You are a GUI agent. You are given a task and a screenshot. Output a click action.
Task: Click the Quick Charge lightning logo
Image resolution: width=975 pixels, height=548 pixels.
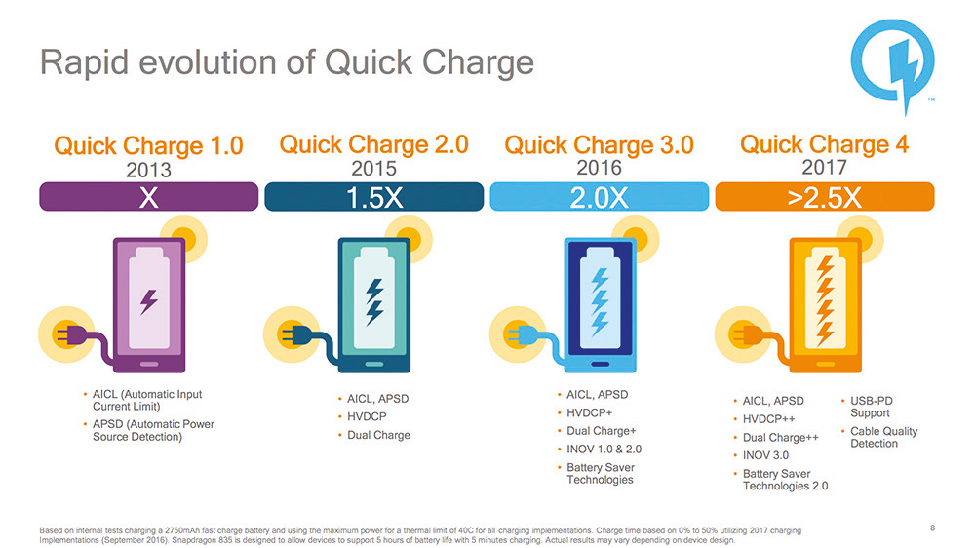pyautogui.click(x=892, y=62)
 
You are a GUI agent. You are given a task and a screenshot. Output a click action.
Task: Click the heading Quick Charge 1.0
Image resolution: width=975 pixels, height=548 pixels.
pyautogui.click(x=148, y=145)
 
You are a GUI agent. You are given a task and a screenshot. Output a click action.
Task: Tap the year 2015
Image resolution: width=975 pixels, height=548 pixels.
pyautogui.click(x=373, y=169)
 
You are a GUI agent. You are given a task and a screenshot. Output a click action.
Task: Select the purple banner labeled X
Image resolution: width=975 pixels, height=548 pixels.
pyautogui.click(x=148, y=197)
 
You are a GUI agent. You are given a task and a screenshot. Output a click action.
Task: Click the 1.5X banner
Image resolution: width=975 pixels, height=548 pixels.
pyautogui.click(x=373, y=197)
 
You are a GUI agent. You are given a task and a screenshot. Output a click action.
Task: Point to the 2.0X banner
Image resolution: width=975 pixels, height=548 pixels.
pyautogui.click(x=600, y=197)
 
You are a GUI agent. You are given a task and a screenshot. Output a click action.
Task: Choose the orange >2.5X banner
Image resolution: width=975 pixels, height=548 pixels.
pyautogui.click(x=825, y=197)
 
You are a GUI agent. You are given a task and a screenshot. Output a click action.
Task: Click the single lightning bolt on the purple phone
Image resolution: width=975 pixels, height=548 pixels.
pyautogui.click(x=148, y=301)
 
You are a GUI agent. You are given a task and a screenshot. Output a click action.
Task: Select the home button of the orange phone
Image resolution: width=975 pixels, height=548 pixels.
pyautogui.click(x=825, y=364)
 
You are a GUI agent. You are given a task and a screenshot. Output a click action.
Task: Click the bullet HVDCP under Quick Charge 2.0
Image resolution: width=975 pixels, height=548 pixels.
pyautogui.click(x=367, y=416)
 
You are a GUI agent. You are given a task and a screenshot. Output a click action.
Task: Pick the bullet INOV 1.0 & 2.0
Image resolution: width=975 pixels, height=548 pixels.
pyautogui.click(x=604, y=450)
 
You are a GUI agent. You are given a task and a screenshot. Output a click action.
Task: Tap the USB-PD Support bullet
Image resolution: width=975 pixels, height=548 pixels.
pyautogui.click(x=871, y=407)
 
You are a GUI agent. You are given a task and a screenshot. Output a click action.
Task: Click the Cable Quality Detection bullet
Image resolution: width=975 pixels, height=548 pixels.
pyautogui.click(x=883, y=437)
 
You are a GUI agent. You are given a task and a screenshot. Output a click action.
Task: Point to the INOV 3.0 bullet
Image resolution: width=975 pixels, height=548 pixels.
pyautogui.click(x=765, y=455)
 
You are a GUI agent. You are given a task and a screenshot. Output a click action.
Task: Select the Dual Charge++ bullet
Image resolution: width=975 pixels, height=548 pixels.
pyautogui.click(x=780, y=437)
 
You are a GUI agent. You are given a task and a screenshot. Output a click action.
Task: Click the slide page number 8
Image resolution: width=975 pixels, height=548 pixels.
pyautogui.click(x=933, y=528)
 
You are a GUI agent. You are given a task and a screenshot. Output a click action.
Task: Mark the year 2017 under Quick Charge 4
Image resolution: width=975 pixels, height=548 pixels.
pyautogui.click(x=825, y=168)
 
